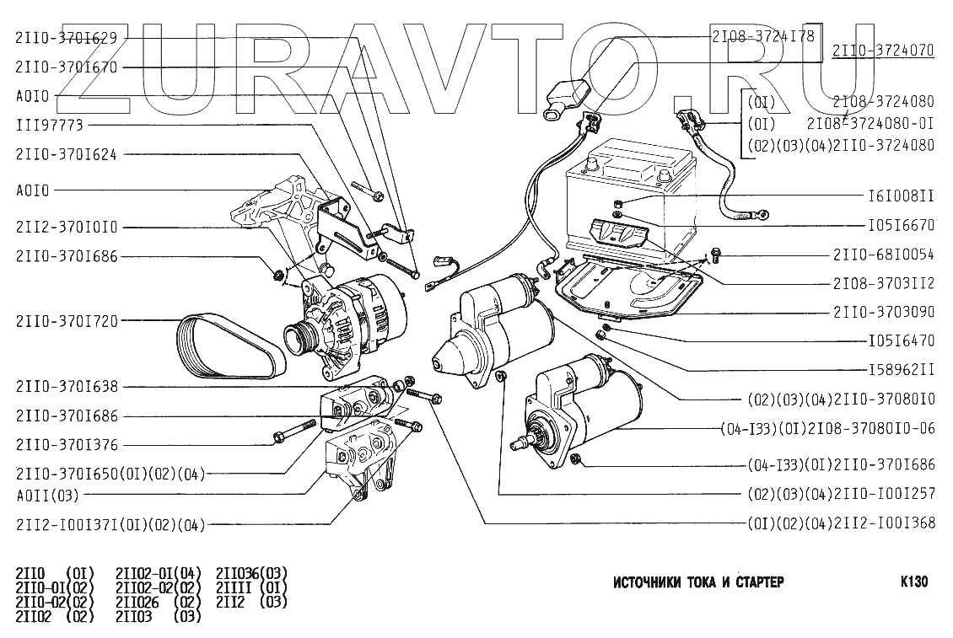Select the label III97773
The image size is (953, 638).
pyautogui.click(x=50, y=125)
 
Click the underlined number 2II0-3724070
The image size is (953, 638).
pyautogui.click(x=883, y=51)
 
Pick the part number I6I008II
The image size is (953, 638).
pyautogui.click(x=901, y=196)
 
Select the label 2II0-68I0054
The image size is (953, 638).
pyautogui.click(x=883, y=253)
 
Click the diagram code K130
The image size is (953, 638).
pyautogui.click(x=914, y=582)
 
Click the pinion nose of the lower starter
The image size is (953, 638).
pyautogui.click(x=529, y=441)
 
